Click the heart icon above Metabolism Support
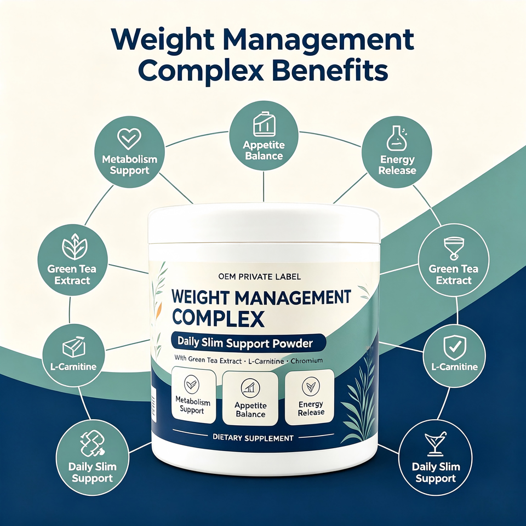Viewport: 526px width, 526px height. pos(129,139)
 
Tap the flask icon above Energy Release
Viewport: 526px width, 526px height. pos(397,138)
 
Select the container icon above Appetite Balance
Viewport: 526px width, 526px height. pos(264,124)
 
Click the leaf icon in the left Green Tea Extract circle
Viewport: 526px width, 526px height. pos(75,247)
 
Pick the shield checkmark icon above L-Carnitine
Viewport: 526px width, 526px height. pos(455,347)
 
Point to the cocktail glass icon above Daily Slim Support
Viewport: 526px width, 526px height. pos(436,444)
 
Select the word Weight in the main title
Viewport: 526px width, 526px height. pos(163,39)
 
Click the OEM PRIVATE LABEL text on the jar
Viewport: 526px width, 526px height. pos(259,277)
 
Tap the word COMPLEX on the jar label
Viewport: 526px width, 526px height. pos(218,318)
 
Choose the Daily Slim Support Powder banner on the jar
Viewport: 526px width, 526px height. pos(248,343)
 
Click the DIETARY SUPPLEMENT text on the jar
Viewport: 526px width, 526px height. pos(253,438)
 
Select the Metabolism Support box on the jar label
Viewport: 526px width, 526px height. pos(193,396)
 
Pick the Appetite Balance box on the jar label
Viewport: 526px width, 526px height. pos(250,398)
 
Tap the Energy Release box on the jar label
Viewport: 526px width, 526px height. pos(309,397)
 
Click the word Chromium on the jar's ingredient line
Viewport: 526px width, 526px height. pos(307,361)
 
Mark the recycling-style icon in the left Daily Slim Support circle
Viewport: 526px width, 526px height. pos(92,443)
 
